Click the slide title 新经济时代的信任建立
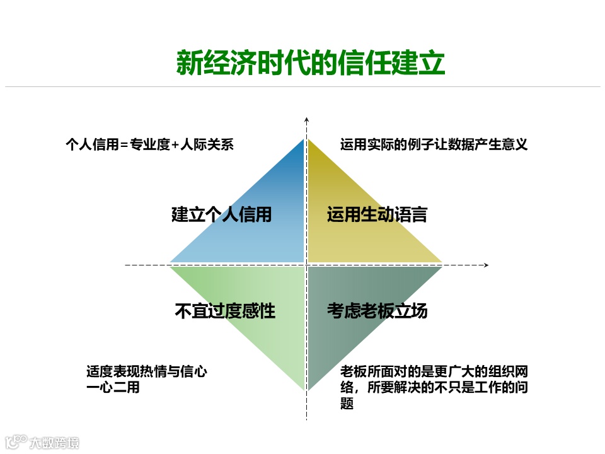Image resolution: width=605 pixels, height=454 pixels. [310, 63]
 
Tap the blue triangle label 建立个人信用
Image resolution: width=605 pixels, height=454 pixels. [221, 214]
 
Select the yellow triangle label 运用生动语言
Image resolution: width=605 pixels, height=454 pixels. [377, 214]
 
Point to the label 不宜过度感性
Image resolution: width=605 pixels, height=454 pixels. [224, 311]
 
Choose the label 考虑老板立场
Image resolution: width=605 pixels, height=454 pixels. [377, 311]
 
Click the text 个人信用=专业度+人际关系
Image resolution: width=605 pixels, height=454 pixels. [149, 144]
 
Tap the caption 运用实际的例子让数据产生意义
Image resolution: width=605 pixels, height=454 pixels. [434, 144]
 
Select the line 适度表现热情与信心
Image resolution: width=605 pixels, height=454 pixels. [146, 372]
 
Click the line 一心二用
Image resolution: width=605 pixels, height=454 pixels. [113, 388]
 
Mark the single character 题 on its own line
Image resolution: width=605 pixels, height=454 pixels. [347, 404]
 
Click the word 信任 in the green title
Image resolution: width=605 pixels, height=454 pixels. [364, 63]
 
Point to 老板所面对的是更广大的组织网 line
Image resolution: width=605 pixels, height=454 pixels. [434, 372]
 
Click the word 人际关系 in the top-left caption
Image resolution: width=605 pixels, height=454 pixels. [207, 144]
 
